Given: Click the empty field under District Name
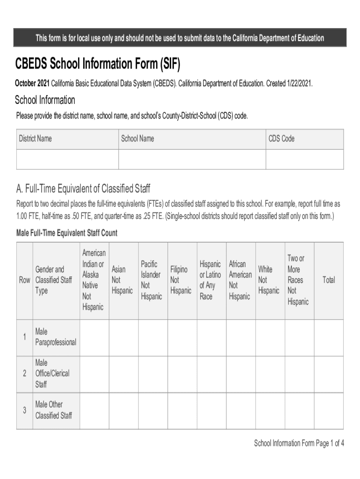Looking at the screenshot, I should (x=67, y=159).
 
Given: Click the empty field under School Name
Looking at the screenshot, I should (x=192, y=159).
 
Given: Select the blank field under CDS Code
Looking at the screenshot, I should (x=304, y=159).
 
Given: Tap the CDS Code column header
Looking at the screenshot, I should (x=281, y=138).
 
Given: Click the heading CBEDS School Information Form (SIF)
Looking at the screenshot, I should (x=97, y=63).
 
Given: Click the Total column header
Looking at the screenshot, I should (x=329, y=280).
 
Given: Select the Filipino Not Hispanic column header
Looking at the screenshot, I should (x=180, y=280).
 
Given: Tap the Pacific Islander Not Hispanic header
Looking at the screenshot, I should (x=151, y=280).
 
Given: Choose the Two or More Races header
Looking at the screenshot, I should (x=298, y=280).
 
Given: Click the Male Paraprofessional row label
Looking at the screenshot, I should (x=55, y=337).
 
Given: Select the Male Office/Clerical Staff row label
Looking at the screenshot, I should (x=52, y=374).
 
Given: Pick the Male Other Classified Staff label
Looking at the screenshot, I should (x=53, y=410).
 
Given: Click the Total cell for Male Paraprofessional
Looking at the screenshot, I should (x=329, y=337).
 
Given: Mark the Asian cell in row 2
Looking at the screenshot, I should (x=123, y=374).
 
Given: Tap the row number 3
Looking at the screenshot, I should (x=24, y=411).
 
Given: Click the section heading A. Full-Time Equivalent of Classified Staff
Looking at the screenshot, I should (x=83, y=189).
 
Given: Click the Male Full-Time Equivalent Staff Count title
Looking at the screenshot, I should (x=67, y=232).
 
